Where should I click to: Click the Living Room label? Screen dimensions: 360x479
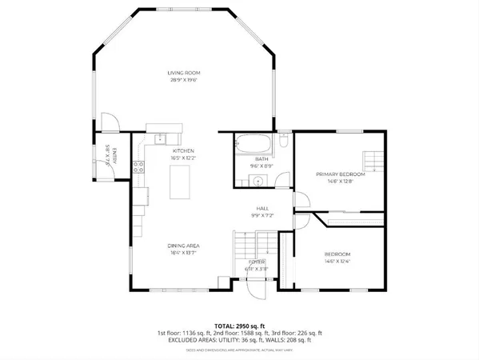pyautogui.click(x=183, y=73)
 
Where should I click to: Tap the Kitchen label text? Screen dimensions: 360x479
pyautogui.click(x=183, y=150)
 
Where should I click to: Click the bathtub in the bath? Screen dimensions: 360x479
pyautogui.click(x=254, y=146)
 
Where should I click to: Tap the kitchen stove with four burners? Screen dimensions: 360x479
pyautogui.click(x=138, y=167)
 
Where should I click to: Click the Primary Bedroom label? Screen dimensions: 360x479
pyautogui.click(x=340, y=174)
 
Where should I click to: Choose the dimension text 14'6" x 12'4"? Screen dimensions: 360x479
pyautogui.click(x=337, y=261)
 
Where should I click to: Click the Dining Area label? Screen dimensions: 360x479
pyautogui.click(x=183, y=245)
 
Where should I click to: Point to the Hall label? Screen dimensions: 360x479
pyautogui.click(x=261, y=208)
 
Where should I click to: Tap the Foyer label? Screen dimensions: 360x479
pyautogui.click(x=256, y=262)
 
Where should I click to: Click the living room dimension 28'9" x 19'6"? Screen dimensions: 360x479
pyautogui.click(x=183, y=80)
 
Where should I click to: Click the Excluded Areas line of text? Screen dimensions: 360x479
pyautogui.click(x=239, y=339)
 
